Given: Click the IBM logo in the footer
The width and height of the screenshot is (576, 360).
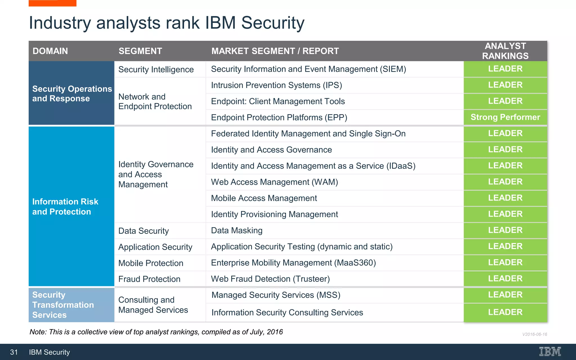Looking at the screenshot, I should (550, 352).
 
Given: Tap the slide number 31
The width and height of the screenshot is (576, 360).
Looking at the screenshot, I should (14, 352).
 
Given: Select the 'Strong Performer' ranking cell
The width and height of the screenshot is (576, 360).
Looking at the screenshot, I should (505, 117).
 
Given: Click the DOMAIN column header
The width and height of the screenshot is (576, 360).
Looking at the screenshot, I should (50, 51).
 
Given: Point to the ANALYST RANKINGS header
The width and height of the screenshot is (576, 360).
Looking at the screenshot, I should (505, 51).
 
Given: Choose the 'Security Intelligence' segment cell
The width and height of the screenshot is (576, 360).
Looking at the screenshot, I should (156, 69).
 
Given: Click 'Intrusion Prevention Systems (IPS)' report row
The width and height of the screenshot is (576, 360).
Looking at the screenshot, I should (276, 85).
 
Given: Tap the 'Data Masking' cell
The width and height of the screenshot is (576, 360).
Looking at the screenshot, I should (237, 231).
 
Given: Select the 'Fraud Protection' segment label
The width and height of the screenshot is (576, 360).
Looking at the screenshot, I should (149, 279).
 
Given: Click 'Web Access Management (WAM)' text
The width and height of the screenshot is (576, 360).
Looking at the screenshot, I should (274, 182).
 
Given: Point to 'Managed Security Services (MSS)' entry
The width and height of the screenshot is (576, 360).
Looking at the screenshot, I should (276, 295).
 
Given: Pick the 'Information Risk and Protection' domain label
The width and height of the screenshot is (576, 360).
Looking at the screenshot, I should (65, 207).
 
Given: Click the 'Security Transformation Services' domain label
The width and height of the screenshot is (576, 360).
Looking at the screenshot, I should (63, 305).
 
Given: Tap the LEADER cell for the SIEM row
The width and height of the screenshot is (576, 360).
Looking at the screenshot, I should (505, 69).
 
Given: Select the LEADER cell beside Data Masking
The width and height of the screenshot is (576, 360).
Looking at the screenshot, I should (505, 230).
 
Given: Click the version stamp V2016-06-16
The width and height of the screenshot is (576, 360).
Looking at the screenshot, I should (534, 334).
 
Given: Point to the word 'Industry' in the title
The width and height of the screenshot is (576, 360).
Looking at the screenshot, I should (60, 23).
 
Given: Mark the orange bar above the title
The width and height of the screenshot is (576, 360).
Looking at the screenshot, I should (52, 3).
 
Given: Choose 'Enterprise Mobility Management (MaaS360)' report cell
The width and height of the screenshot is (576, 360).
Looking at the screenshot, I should (293, 263).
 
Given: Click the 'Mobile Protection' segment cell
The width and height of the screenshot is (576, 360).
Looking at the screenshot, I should (151, 263).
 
